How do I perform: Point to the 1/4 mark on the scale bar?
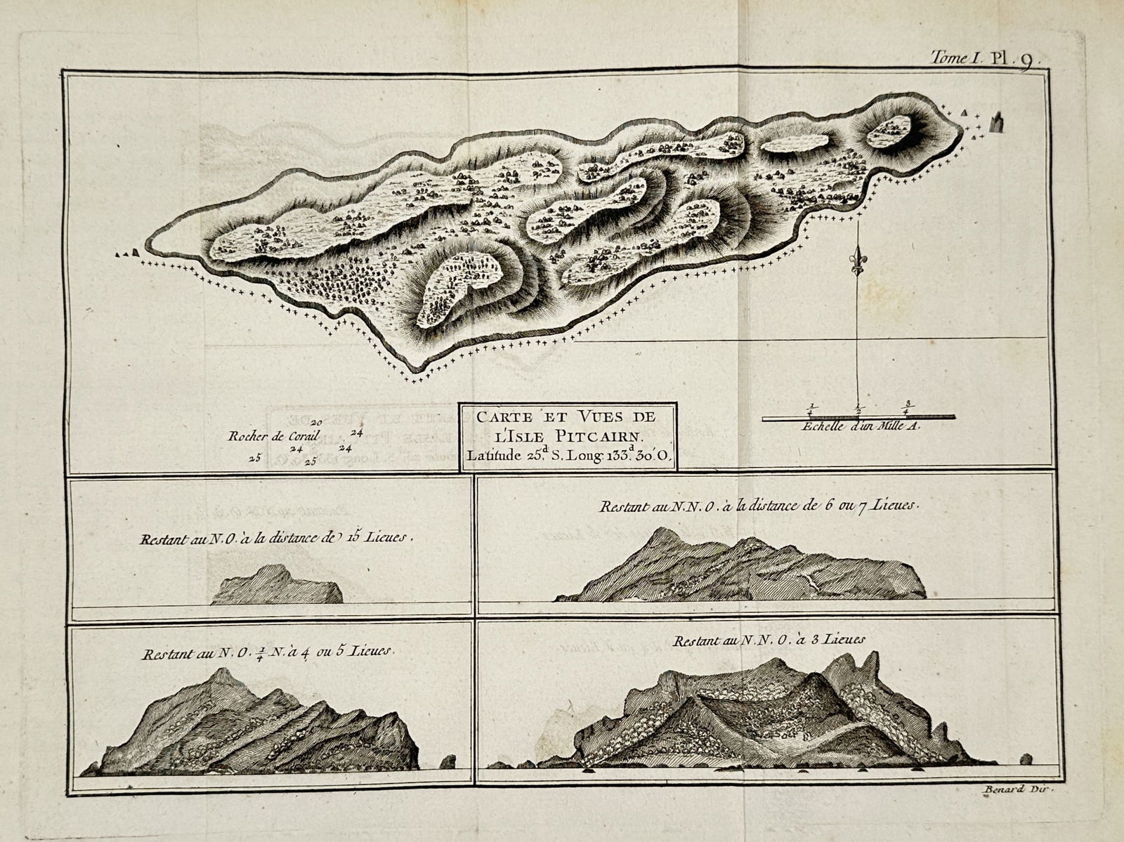[x=812, y=409]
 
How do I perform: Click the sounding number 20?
[x=316, y=422]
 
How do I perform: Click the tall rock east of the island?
[x=995, y=122]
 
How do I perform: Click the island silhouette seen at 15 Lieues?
[x=276, y=586]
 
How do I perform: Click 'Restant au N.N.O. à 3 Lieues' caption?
[x=769, y=640]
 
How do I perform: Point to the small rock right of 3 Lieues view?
[x=1026, y=758]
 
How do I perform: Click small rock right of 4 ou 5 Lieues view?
[x=447, y=761]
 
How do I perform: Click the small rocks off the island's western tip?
[x=126, y=253]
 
